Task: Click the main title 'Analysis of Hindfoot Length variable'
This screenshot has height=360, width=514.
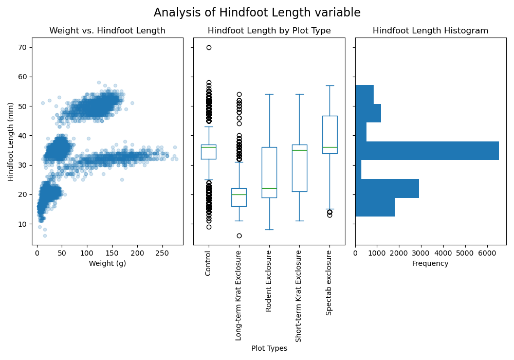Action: coord(257,13)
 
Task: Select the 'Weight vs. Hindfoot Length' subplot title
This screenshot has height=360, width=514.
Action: coord(107,31)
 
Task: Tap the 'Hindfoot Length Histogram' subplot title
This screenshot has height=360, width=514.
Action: coord(430,31)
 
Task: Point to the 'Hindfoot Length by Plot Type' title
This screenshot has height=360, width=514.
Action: coord(269,31)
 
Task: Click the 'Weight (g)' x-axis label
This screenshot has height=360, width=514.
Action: coord(107,264)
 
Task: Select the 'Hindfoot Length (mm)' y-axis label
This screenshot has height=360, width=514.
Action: coord(11,141)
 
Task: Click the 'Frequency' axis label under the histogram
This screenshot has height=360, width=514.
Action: coord(430,264)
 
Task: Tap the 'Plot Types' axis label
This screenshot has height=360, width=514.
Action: coord(269,349)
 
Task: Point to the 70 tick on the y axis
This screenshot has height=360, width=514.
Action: coord(23,47)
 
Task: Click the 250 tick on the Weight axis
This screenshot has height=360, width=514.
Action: coord(162,254)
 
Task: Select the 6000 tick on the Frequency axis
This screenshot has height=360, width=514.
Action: coord(487,254)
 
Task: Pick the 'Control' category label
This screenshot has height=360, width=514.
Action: coord(208,263)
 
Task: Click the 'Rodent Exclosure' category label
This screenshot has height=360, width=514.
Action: coord(269,281)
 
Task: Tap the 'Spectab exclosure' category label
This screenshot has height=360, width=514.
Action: coord(329,282)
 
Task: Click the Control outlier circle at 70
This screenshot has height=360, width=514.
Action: coord(209,47)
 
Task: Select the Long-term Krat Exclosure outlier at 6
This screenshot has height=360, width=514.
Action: coord(239,236)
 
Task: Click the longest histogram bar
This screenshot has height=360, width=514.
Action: coord(427,151)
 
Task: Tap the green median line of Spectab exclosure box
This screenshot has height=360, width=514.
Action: coord(329,148)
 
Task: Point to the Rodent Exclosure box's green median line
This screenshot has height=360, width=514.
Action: coord(269,189)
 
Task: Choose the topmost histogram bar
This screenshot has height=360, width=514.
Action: coord(364,94)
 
